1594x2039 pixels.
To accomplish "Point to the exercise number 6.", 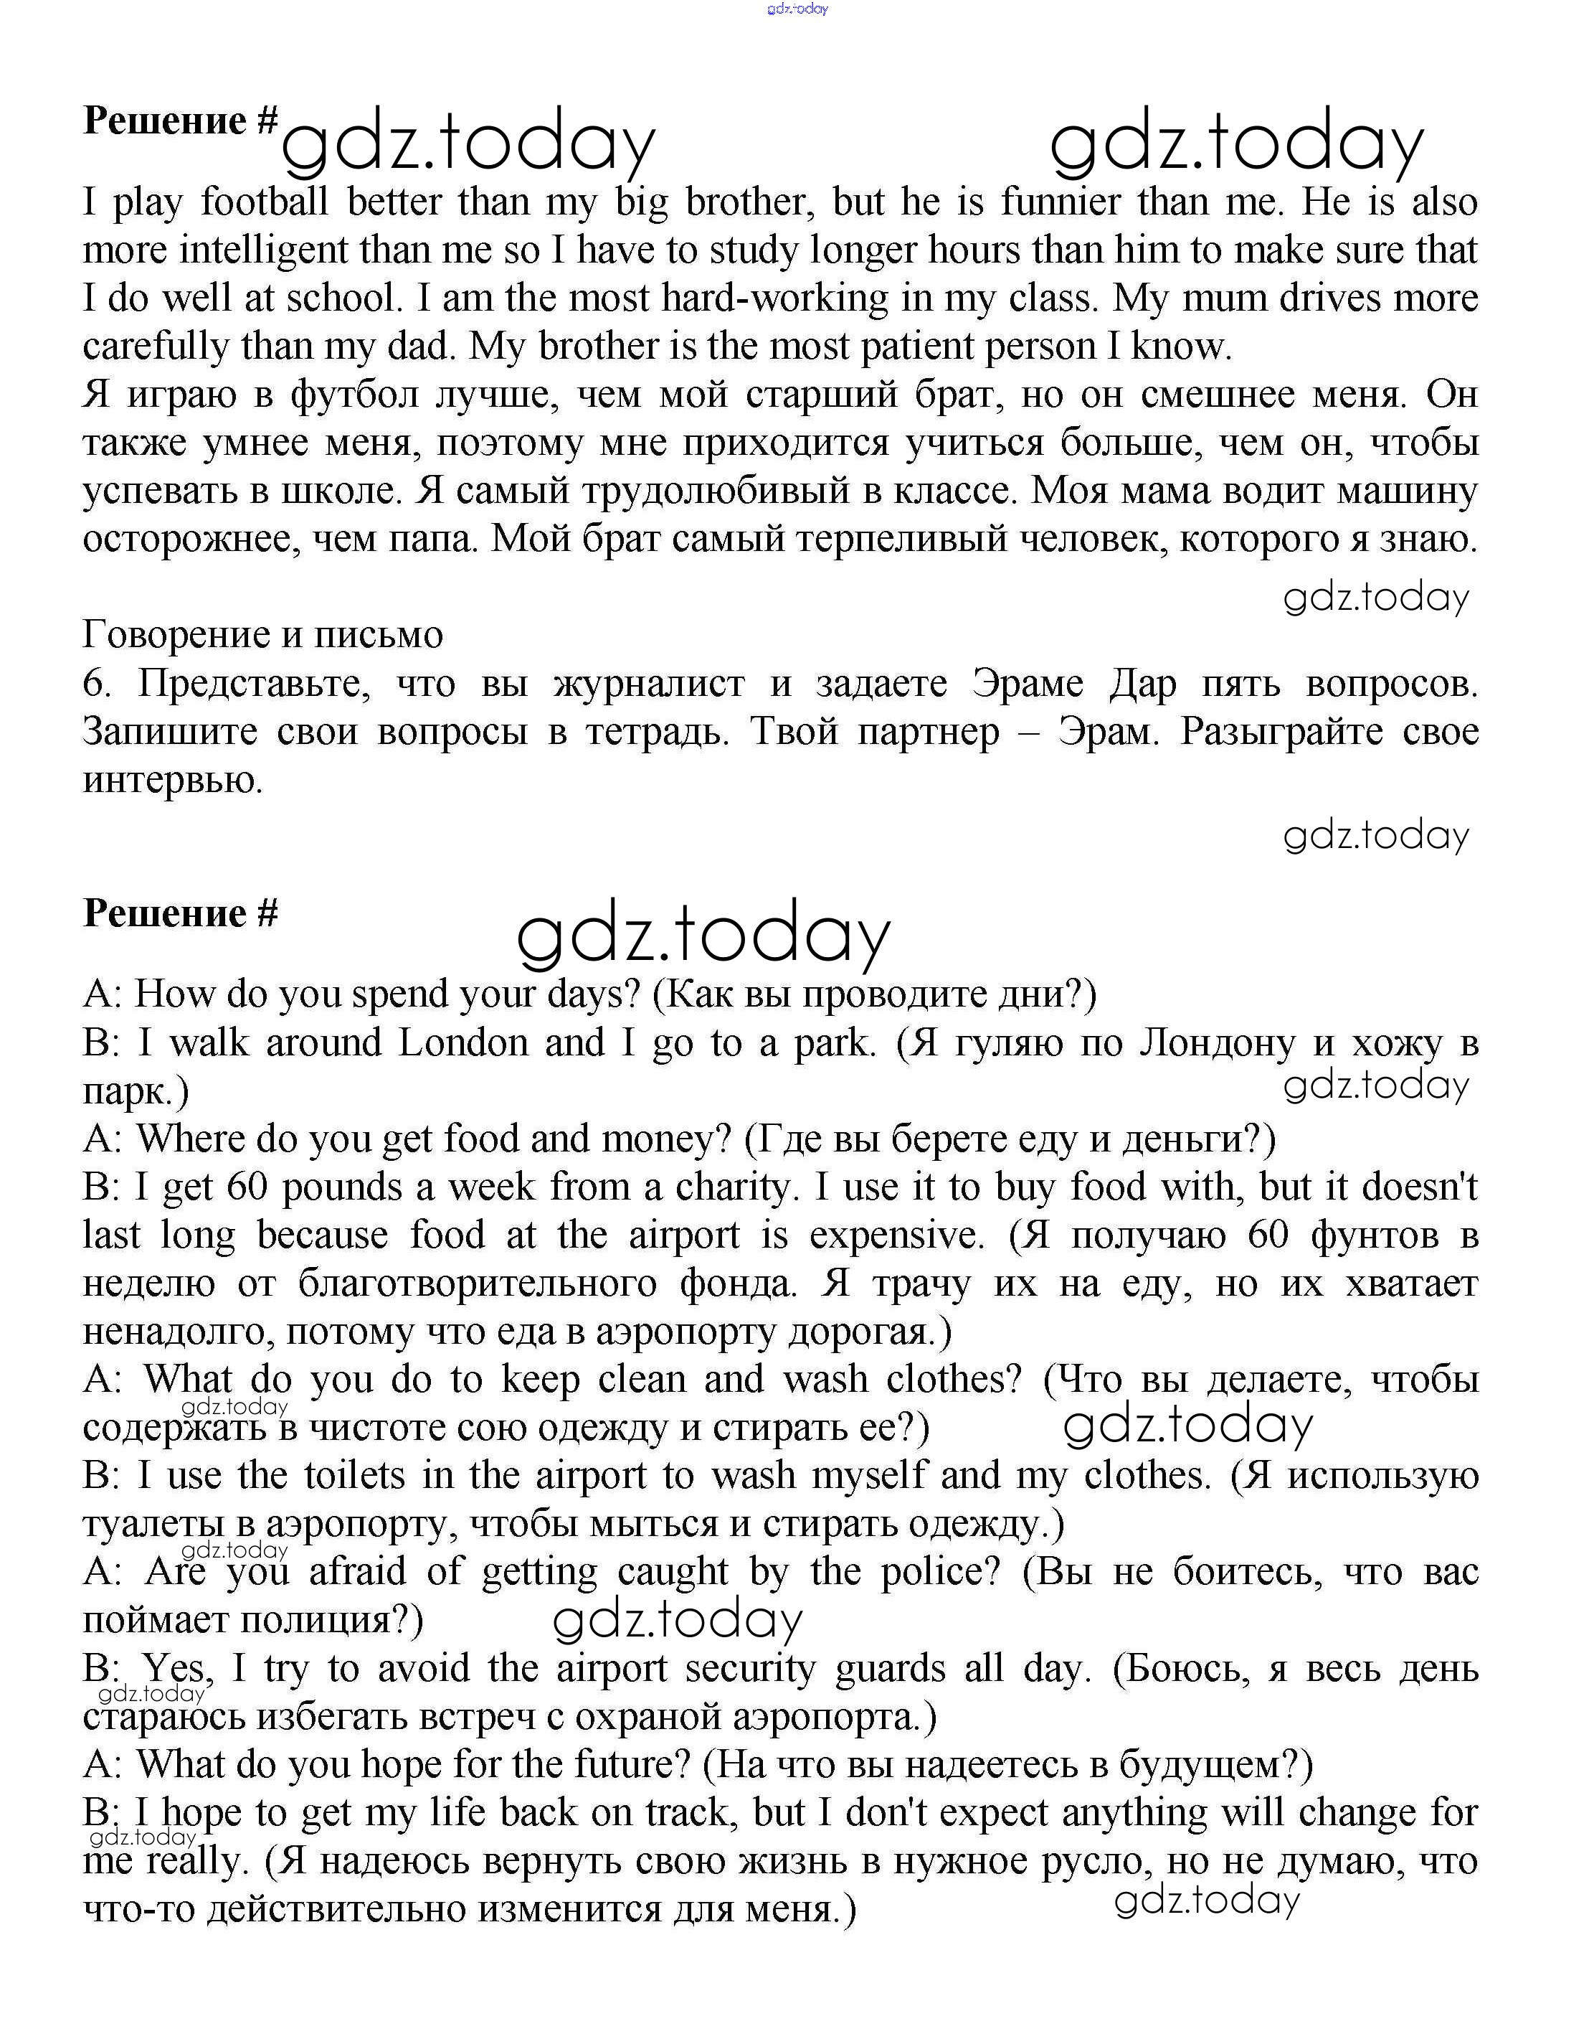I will point(96,684).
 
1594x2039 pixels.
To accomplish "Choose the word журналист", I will point(650,684).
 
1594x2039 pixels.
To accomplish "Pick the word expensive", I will point(896,1237).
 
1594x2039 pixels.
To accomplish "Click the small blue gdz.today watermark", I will point(797,9).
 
